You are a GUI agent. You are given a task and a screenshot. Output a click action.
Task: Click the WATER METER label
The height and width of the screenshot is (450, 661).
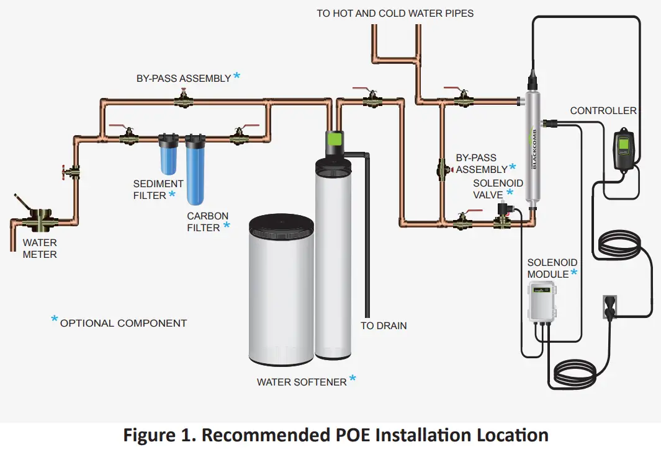point(40,249)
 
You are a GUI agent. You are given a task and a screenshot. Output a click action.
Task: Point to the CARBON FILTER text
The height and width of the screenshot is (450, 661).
point(207,222)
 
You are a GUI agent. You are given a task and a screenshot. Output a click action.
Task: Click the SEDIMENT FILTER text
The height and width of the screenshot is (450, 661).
point(158,190)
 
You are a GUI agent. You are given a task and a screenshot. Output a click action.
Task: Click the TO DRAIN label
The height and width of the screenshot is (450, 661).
point(384,325)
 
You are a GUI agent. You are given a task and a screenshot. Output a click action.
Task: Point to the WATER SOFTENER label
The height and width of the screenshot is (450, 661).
point(302,382)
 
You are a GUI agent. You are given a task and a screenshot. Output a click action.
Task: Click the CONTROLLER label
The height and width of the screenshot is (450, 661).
point(603,110)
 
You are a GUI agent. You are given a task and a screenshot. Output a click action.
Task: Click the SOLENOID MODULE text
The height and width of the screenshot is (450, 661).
point(552,268)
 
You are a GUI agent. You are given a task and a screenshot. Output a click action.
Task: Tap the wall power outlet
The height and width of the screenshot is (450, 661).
point(609,307)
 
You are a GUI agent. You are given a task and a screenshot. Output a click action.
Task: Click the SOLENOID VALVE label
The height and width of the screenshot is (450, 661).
point(498,189)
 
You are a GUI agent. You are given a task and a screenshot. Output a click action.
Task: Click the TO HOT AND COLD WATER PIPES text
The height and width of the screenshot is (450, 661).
point(395,13)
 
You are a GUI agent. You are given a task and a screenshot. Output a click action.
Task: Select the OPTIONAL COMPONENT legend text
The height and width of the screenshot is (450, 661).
point(123,323)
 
